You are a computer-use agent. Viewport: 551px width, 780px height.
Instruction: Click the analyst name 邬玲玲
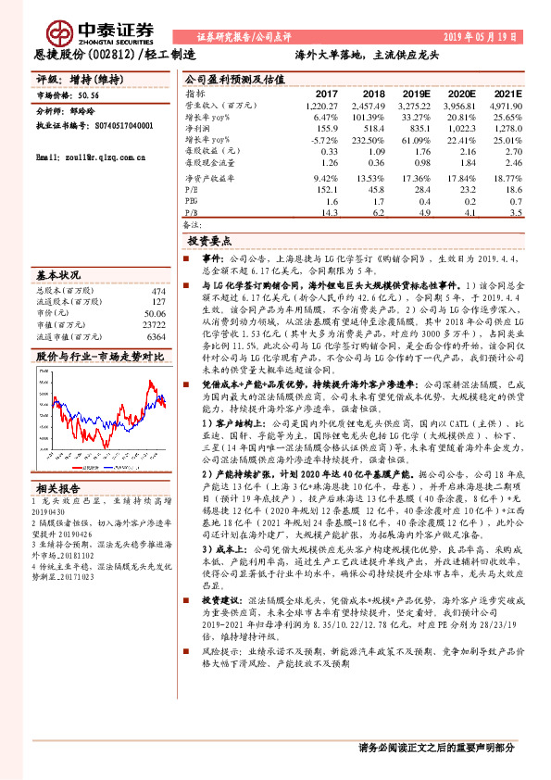coord(84,109)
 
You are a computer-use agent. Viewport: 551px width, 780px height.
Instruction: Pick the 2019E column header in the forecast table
coord(415,94)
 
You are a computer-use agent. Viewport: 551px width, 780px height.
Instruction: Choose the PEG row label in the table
coord(192,200)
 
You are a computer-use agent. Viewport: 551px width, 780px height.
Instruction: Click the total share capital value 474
coord(159,290)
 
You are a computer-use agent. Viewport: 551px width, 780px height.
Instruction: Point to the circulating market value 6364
coord(157,337)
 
